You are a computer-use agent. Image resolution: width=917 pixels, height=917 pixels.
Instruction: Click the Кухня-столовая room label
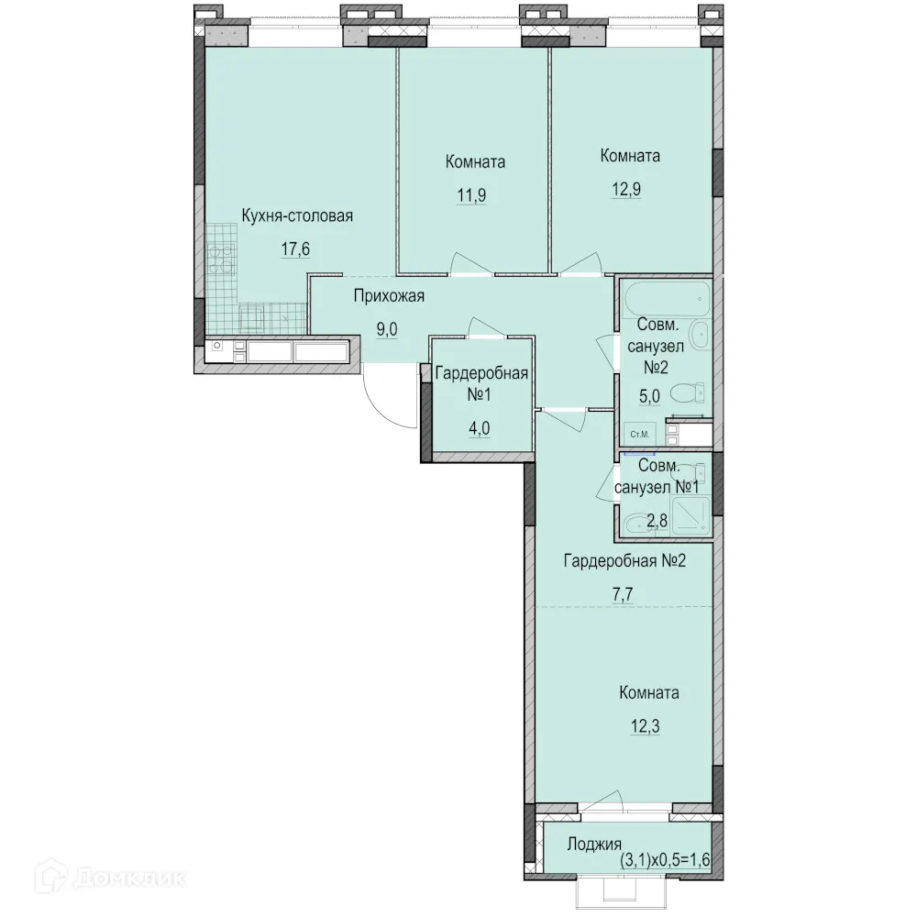point(297,215)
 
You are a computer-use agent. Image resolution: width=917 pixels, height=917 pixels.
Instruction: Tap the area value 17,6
point(295,249)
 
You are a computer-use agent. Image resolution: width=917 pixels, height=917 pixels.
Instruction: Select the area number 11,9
point(471,194)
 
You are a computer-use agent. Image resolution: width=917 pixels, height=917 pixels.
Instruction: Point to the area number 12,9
point(626,190)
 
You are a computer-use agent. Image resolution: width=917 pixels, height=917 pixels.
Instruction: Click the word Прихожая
point(389,296)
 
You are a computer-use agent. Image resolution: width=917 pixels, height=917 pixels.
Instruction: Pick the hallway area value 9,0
point(387,330)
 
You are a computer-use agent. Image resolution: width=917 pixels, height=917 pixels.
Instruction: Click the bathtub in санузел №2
point(668,298)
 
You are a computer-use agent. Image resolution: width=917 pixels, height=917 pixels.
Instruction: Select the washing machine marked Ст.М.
point(640,434)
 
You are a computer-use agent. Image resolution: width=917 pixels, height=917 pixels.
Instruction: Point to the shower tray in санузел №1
point(691,515)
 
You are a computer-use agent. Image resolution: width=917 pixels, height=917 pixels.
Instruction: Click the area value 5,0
point(649,396)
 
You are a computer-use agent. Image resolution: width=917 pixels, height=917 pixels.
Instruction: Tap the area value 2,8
point(657,521)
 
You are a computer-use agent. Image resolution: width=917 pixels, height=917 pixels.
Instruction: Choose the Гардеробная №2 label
point(624,561)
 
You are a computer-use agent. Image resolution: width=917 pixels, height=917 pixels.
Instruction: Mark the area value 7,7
point(623,594)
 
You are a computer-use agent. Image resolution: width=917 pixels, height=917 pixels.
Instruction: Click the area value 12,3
point(645,726)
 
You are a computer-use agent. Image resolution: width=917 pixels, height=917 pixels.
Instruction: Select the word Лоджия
point(594,844)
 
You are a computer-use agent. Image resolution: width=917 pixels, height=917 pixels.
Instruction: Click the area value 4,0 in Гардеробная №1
point(479,428)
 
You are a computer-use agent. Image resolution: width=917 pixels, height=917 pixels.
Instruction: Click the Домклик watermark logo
point(111,878)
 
